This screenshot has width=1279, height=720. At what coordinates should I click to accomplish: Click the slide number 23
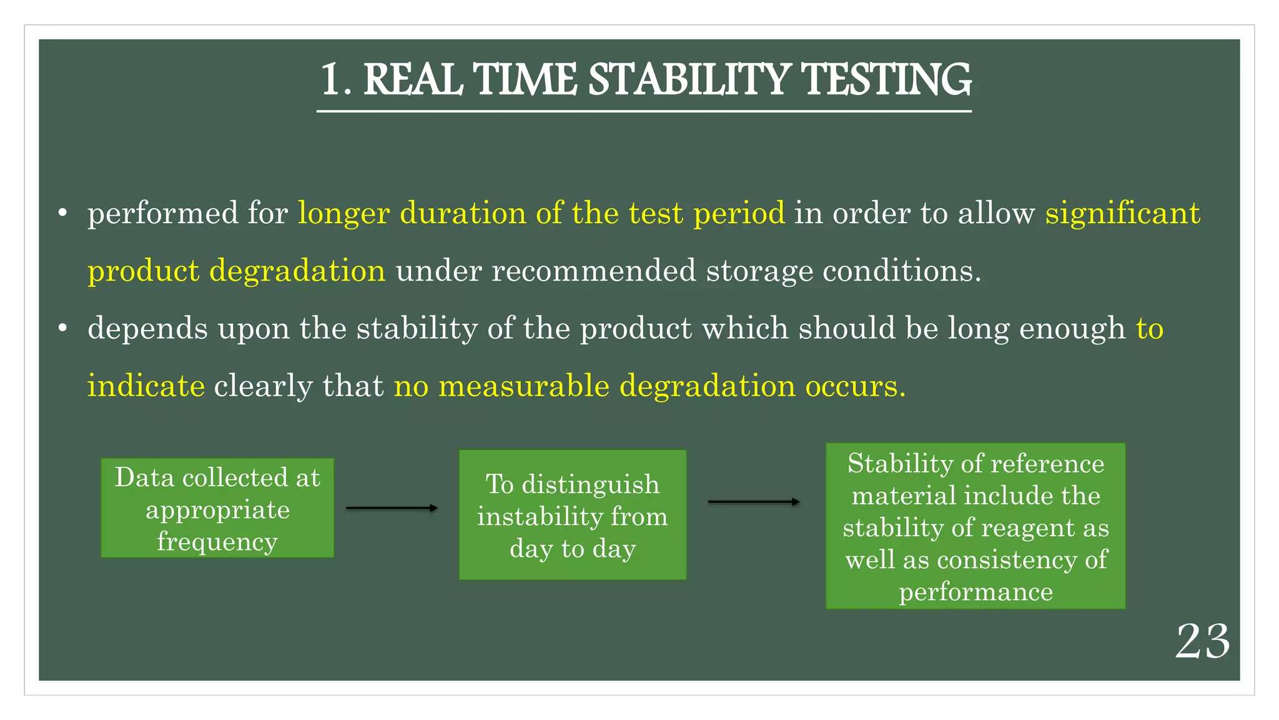tap(1202, 642)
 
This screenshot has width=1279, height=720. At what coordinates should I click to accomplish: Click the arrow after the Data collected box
tap(392, 508)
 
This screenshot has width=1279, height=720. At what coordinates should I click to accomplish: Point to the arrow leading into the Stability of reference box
tap(753, 501)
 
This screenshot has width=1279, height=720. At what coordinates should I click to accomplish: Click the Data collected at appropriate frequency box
tap(217, 507)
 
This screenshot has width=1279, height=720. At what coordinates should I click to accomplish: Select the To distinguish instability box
tap(572, 514)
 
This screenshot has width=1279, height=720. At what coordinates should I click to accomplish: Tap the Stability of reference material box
tap(975, 526)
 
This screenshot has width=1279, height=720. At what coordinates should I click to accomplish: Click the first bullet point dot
tap(62, 214)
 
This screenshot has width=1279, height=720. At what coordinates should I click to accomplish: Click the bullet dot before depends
tap(62, 329)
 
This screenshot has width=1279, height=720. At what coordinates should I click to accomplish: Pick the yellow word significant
tap(1122, 214)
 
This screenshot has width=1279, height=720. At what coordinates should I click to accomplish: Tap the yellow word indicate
tap(146, 386)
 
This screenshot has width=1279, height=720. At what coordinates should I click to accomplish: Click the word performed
tap(162, 214)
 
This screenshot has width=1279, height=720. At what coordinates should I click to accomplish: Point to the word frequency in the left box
tap(217, 542)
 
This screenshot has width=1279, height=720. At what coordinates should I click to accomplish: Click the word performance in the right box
tap(975, 592)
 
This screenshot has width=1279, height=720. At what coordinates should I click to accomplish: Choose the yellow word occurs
tap(854, 386)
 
